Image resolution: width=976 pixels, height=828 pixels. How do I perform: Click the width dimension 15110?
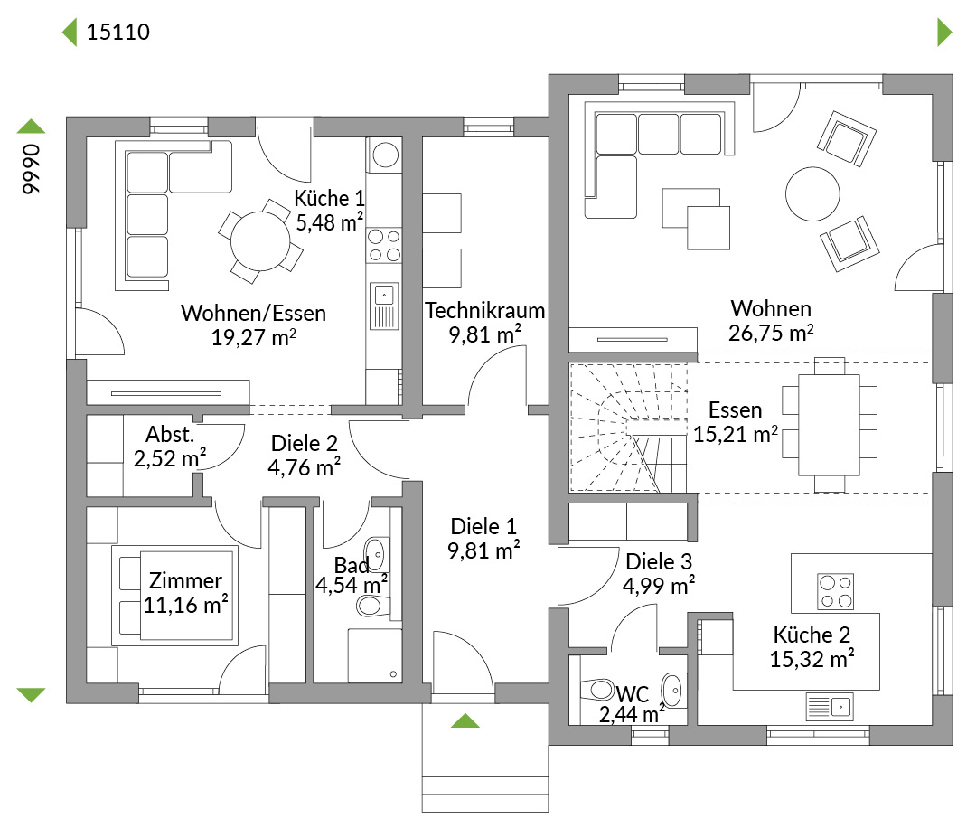pyautogui.click(x=118, y=32)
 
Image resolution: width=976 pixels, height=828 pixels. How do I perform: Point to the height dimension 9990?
pyautogui.click(x=31, y=169)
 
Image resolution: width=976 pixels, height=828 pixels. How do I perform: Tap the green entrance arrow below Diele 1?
pyautogui.click(x=465, y=721)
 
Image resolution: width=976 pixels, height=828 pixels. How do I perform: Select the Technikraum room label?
pyautogui.click(x=485, y=310)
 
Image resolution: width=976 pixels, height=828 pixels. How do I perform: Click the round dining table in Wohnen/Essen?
pyautogui.click(x=260, y=241)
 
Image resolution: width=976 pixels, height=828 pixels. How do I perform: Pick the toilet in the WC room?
pyautogui.click(x=597, y=689)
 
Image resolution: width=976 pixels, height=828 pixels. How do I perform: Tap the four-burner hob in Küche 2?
pyautogui.click(x=835, y=591)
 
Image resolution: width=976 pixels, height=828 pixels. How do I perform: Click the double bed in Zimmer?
pyautogui.click(x=175, y=595)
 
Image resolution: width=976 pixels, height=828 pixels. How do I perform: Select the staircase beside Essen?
pyautogui.click(x=629, y=428)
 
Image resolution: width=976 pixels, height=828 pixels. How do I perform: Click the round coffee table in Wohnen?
pyautogui.click(x=813, y=193)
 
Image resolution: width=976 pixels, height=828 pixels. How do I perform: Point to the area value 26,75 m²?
pyautogui.click(x=771, y=333)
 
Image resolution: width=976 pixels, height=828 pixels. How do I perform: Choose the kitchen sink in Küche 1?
pyautogui.click(x=384, y=306)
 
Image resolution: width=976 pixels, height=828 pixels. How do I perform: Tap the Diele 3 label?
pyautogui.click(x=659, y=561)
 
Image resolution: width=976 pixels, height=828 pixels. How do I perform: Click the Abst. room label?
pyautogui.click(x=170, y=435)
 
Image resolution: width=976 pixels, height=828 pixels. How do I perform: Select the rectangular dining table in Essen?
pyautogui.click(x=829, y=424)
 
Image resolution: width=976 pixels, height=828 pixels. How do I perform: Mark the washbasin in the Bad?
pyautogui.click(x=376, y=554)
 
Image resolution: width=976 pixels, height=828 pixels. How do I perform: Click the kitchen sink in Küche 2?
pyautogui.click(x=830, y=707)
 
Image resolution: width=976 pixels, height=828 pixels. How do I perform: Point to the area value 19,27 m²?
pyautogui.click(x=253, y=337)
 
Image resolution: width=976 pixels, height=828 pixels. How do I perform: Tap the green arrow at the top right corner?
pyautogui.click(x=944, y=32)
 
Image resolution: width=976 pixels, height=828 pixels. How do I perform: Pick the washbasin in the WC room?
pyautogui.click(x=673, y=691)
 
